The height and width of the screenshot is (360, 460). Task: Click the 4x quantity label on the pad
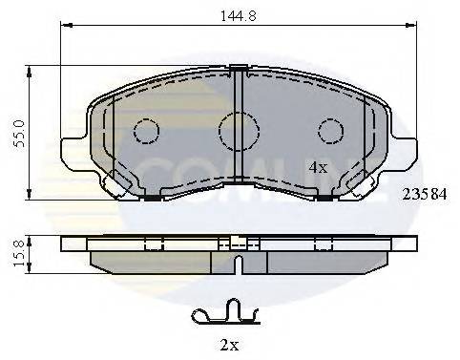[x=317, y=166]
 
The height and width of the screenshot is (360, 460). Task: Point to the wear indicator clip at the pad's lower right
[x=357, y=182]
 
